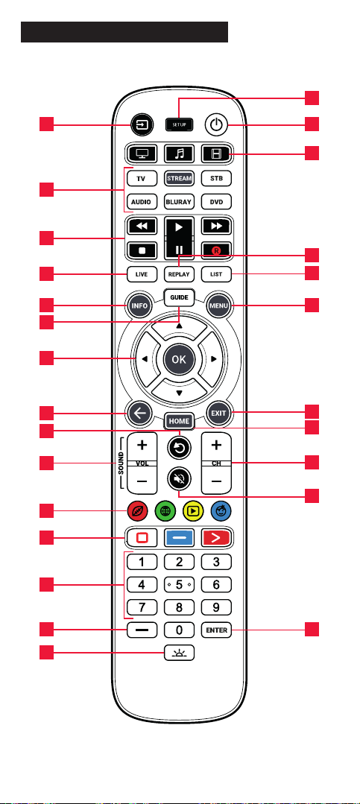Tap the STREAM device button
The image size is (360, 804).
pos(178,178)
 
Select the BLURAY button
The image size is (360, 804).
pos(178,202)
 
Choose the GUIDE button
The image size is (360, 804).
pos(179,297)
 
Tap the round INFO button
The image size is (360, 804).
pos(139,307)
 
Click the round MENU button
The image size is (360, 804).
pos(218,307)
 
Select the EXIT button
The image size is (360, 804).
pos(218,413)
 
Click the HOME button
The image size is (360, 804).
pos(179,422)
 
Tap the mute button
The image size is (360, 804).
pos(179,479)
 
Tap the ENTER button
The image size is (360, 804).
pos(216,630)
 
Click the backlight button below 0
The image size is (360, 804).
pos(179,652)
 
